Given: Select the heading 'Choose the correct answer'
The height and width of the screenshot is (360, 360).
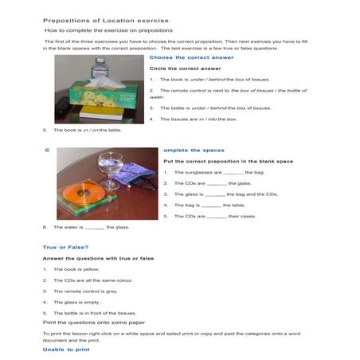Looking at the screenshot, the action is (x=191, y=57).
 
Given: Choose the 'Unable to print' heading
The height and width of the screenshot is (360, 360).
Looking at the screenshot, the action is (x=66, y=349).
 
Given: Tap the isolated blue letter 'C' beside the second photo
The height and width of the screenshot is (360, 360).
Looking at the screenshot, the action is (x=47, y=150).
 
